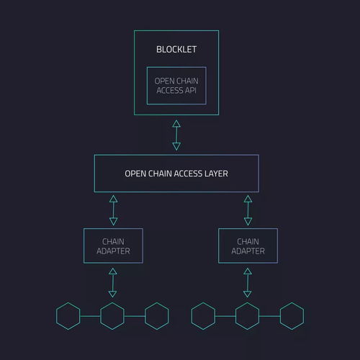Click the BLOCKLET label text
(176, 50)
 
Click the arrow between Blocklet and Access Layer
(176, 135)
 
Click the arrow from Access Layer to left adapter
(113, 210)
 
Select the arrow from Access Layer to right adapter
(248, 210)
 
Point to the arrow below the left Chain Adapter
(112, 283)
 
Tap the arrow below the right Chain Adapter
(248, 283)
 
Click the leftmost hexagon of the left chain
(56, 316)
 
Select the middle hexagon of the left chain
(100, 316)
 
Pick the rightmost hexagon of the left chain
(145, 316)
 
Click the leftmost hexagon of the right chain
(192, 316)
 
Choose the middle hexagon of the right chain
(235, 316)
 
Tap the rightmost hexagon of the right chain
(280, 316)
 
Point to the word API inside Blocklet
(191, 91)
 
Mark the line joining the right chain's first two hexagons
(225, 316)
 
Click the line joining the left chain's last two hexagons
(135, 316)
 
